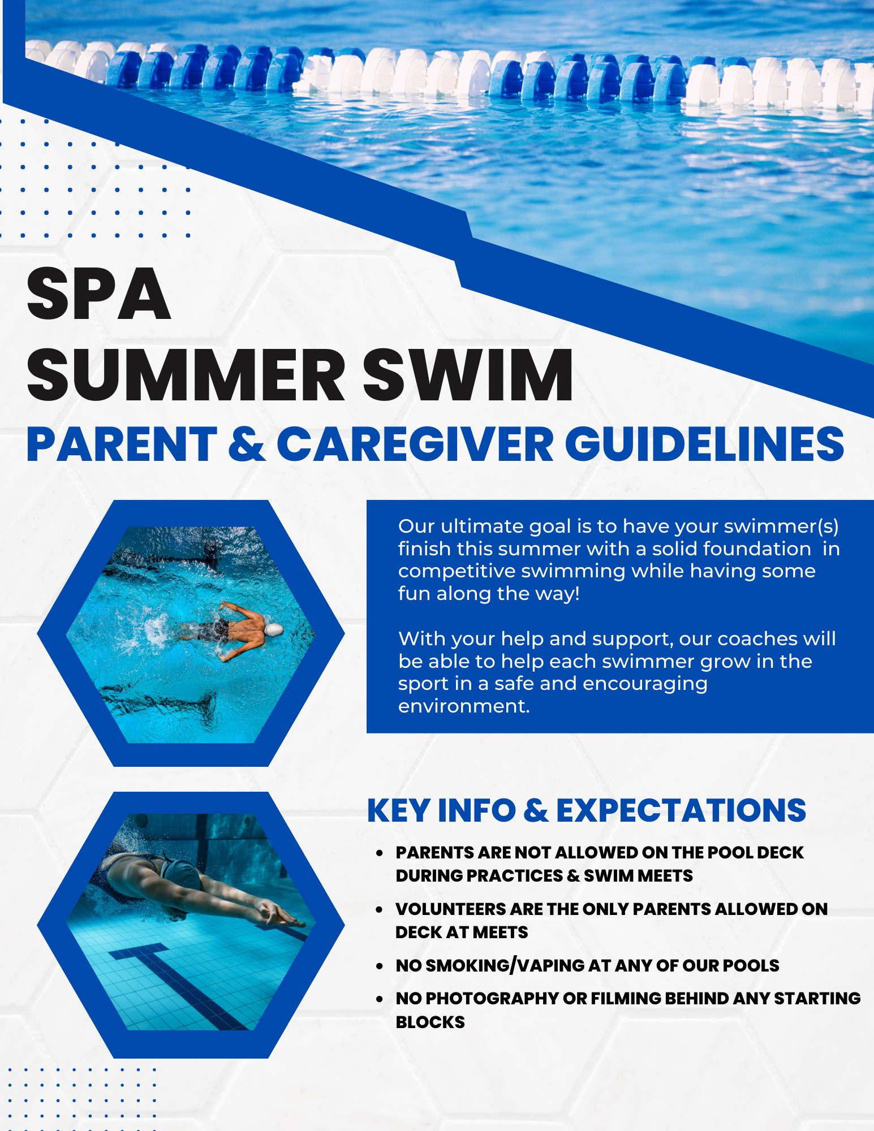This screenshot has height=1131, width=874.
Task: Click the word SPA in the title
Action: (98, 294)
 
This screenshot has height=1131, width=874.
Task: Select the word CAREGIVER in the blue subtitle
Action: (415, 444)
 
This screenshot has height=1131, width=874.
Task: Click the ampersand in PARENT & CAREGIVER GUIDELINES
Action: (247, 444)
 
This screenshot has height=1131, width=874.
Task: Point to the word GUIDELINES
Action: (704, 444)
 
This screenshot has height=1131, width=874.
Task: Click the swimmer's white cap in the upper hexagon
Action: (273, 629)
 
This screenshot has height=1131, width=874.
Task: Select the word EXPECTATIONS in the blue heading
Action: (681, 810)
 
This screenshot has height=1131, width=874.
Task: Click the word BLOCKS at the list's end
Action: (430, 1022)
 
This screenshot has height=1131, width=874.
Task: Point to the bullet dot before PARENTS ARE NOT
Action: (380, 853)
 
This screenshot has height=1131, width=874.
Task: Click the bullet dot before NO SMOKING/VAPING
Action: (380, 966)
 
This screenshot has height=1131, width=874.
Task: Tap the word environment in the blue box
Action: (464, 706)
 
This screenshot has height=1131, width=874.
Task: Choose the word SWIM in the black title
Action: (468, 375)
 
